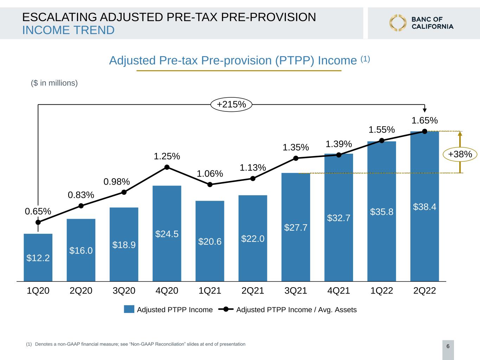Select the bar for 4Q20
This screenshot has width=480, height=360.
(167, 233)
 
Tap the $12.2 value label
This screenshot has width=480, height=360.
(38, 258)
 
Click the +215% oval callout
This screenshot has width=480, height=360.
(231, 104)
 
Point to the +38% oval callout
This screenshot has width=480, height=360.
(460, 154)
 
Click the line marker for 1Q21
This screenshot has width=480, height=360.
(210, 185)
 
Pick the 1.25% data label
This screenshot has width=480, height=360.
(167, 156)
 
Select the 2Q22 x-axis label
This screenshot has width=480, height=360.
(424, 291)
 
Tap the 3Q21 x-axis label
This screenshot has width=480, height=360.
(296, 291)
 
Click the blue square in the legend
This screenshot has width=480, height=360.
(129, 309)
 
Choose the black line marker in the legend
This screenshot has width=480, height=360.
(226, 309)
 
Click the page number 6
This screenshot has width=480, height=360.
(448, 346)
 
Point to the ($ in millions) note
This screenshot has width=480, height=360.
(54, 83)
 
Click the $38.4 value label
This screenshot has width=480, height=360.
(424, 207)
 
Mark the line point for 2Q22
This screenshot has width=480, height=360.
(425, 131)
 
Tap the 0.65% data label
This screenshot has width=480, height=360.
(38, 211)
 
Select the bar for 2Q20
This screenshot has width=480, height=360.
(81, 250)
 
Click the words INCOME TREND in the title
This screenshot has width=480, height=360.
(69, 30)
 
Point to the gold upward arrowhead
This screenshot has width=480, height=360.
(460, 133)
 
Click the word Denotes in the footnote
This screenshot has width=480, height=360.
(44, 344)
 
